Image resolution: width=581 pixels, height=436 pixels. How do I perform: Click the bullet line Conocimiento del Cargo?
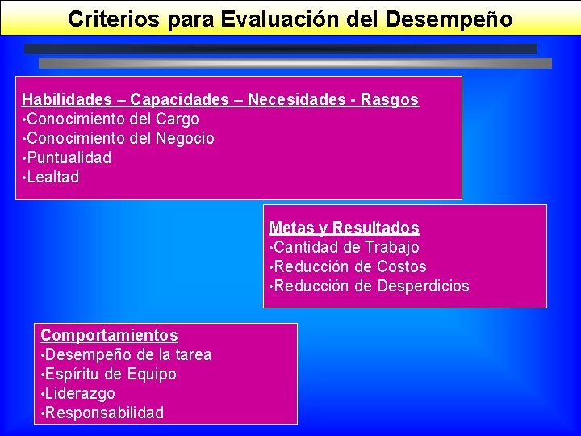112,119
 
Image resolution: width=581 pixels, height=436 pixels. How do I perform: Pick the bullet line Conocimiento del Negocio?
120,139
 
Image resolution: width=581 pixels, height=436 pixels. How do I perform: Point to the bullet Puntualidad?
69,158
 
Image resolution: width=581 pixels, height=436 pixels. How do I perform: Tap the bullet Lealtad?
53,178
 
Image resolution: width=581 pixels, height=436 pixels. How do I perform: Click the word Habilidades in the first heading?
67,100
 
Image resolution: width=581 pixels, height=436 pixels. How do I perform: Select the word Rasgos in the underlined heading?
390,100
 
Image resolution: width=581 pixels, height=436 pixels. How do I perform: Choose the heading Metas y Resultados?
344,228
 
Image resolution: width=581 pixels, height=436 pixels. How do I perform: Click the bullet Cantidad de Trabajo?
346,248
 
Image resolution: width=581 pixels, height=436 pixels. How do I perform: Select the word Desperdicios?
423,287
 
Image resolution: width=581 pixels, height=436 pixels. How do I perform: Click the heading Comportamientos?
109,335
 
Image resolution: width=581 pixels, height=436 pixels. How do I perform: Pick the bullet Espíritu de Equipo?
110,375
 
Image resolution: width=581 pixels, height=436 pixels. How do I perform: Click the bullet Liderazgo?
79,394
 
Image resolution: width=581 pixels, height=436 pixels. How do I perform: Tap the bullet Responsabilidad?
103,413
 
